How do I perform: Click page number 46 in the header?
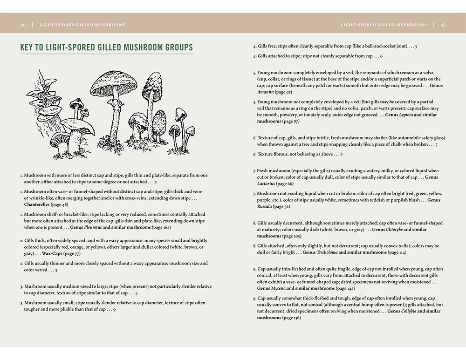click(x=23, y=25)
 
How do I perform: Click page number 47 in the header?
click(x=443, y=25)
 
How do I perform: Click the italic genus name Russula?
click(x=265, y=206)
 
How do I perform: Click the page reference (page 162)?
click(x=161, y=227)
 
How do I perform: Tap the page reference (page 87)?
click(x=290, y=121)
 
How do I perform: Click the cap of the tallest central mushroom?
click(x=114, y=82)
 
